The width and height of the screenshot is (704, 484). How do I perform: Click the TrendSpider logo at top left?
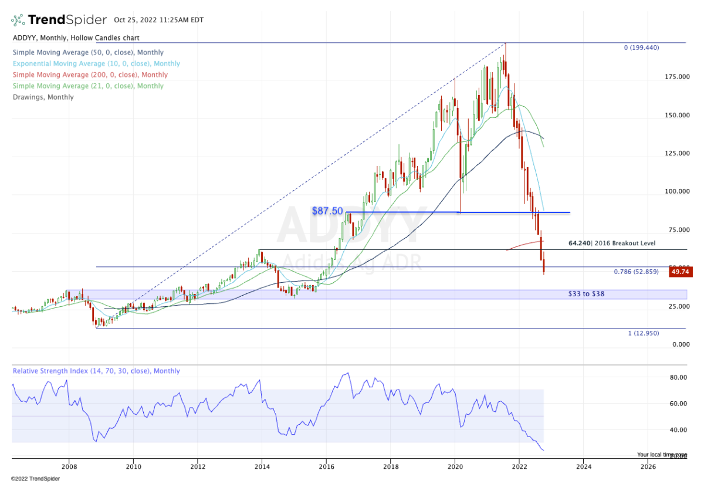(59, 20)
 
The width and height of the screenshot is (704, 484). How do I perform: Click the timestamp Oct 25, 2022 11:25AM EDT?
(159, 20)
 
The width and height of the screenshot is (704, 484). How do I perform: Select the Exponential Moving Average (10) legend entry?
(97, 63)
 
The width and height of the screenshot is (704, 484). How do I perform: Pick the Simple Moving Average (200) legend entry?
(90, 75)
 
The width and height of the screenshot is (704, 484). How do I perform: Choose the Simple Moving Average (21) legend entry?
(88, 86)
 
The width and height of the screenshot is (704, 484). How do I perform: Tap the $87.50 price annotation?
(327, 211)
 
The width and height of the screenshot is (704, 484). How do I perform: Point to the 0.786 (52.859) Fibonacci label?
(636, 272)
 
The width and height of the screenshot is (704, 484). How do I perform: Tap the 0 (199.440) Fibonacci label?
(641, 48)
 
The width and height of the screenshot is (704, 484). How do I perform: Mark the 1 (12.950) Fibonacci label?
(644, 333)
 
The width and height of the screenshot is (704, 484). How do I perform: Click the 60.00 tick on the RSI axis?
(678, 404)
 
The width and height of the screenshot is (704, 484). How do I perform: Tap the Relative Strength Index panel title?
(96, 371)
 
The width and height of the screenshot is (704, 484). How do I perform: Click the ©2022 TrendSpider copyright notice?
(35, 478)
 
